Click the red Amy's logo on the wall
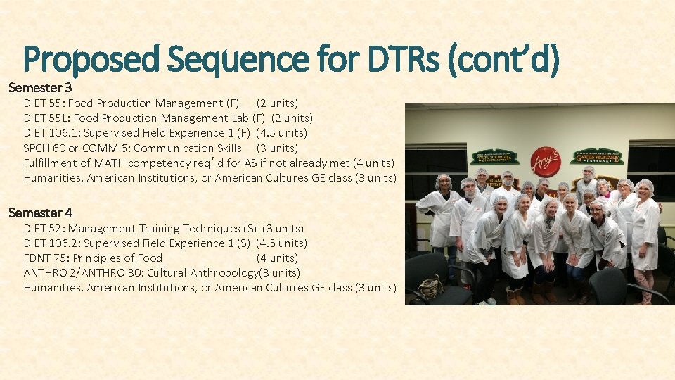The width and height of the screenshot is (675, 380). tap(545, 161)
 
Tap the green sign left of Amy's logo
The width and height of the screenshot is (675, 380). tap(494, 157)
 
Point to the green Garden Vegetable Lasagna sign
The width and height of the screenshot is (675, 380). tap(597, 156)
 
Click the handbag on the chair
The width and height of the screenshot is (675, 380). tap(430, 286)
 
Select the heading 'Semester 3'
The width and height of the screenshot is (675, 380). tap(40, 88)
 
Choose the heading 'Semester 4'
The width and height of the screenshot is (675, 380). tap(40, 213)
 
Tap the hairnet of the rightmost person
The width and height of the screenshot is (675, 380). tap(644, 187)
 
